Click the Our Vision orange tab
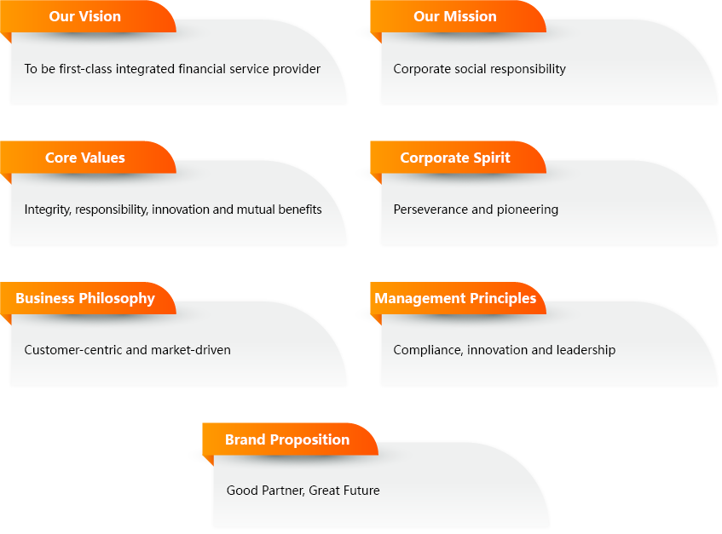click(88, 17)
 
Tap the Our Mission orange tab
click(458, 17)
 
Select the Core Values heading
click(85, 158)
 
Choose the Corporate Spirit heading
click(455, 158)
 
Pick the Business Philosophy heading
click(85, 298)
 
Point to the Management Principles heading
click(455, 298)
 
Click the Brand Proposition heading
click(287, 439)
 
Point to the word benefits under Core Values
click(300, 210)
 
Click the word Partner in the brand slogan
click(283, 491)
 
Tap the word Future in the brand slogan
click(362, 491)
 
